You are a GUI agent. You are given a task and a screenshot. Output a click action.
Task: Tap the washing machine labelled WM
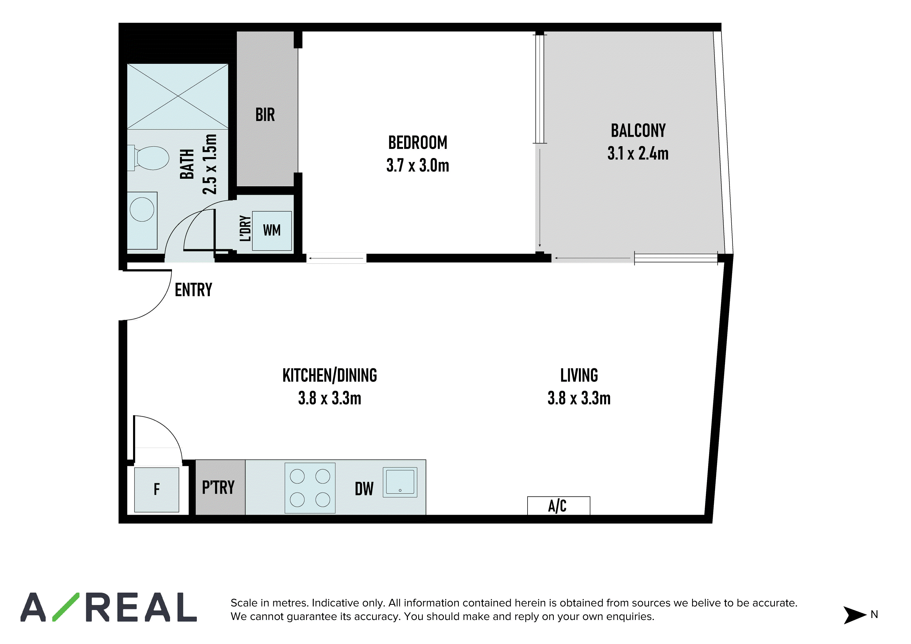(x=272, y=231)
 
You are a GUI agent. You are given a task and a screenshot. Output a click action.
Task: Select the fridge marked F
(x=157, y=490)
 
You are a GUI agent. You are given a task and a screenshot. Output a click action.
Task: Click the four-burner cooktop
(x=310, y=488)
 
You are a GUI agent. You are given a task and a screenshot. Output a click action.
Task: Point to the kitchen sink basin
(x=400, y=482)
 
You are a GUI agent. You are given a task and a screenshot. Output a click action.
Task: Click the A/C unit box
(x=558, y=506)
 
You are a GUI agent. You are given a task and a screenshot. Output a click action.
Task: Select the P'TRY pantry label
(x=218, y=487)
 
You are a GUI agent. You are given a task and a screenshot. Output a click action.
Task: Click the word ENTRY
(x=194, y=290)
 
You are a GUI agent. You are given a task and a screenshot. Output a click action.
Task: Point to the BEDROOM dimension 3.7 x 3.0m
(x=418, y=165)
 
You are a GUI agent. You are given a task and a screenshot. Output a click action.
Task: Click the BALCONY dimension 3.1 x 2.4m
(x=638, y=153)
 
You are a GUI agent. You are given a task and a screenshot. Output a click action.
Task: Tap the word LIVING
(x=579, y=375)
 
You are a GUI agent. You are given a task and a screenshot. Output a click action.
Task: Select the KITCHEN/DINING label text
(x=330, y=375)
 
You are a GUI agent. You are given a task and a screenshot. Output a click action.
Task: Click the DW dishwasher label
(x=364, y=489)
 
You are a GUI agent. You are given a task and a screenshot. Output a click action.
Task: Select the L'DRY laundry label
(x=245, y=229)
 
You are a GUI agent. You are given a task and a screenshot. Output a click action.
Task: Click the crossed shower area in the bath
(x=178, y=96)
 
